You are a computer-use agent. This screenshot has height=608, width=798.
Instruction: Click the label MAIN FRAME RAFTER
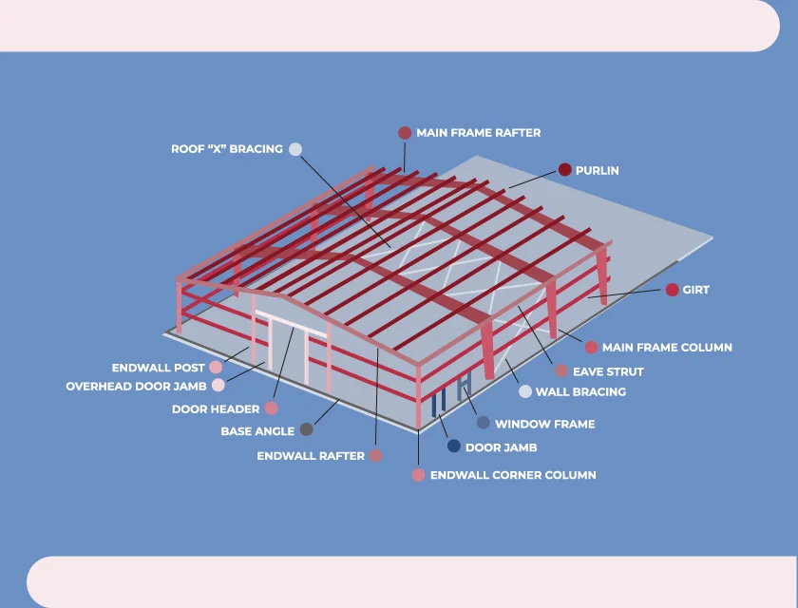[478, 133]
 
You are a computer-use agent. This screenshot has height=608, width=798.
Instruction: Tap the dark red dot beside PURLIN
[564, 170]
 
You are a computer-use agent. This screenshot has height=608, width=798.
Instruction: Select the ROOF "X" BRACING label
[226, 149]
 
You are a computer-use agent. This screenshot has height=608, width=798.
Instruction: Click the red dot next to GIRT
[672, 290]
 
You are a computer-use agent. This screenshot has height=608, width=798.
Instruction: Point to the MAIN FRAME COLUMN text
[667, 348]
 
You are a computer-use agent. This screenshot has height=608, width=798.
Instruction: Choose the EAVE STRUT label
[608, 371]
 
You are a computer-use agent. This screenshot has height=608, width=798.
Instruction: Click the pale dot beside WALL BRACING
[524, 391]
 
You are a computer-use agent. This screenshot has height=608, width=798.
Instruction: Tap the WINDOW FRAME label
[544, 424]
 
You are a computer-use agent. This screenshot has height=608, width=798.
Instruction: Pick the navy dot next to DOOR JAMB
[453, 446]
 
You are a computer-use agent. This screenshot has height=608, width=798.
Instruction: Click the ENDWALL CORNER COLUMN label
[513, 475]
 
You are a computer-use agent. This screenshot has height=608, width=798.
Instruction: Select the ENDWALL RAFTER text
[311, 456]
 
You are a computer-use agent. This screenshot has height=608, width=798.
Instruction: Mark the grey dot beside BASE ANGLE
[306, 430]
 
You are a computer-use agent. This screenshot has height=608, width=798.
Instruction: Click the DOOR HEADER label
[216, 409]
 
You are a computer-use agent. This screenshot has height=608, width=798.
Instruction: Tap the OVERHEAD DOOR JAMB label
[137, 387]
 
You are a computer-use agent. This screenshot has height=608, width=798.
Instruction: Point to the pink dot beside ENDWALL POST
[216, 367]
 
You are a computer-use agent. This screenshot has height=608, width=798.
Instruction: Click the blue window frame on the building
[464, 387]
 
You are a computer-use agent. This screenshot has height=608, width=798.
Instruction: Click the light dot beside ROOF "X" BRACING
[294, 149]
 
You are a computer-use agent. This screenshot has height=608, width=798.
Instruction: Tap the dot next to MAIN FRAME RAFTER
[405, 133]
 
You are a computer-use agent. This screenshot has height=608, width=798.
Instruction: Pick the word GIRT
[695, 290]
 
